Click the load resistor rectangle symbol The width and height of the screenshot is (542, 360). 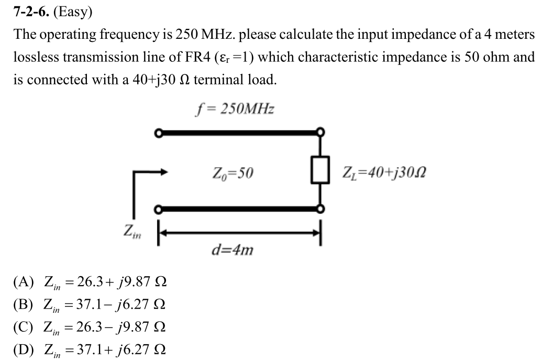point(319,170)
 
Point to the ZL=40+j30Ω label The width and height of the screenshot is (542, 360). point(384,171)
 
